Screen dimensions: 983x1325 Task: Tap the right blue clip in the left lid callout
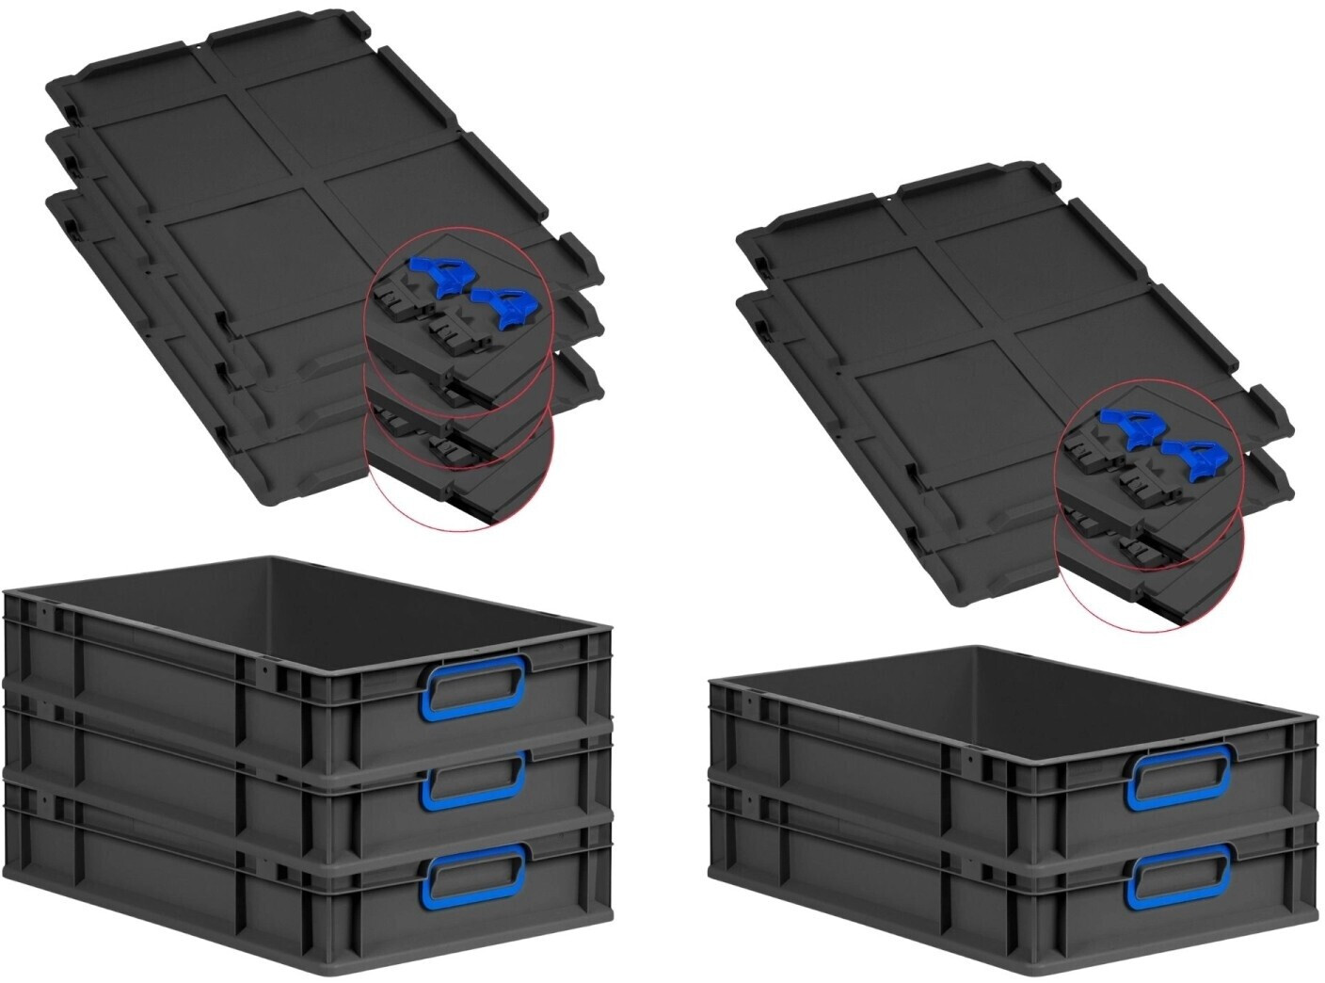pyautogui.click(x=507, y=307)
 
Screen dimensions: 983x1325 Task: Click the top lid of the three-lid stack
pyautogui.click(x=282, y=141)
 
